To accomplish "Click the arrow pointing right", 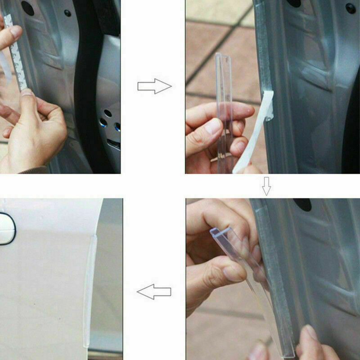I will (154, 86).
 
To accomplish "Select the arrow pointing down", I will (266, 186).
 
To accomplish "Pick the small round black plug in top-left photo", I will (67, 13).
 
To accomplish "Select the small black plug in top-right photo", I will (350, 8).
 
